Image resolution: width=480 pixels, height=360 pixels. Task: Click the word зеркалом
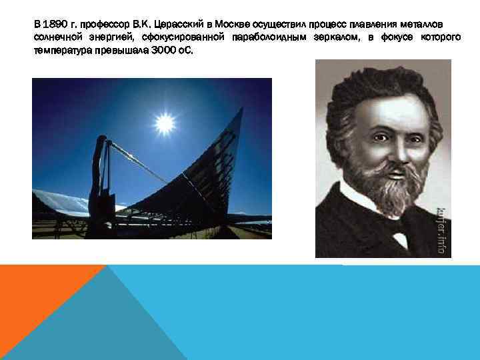pyautogui.click(x=337, y=38)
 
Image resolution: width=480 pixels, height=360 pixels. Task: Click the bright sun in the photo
pyautogui.click(x=164, y=123)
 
